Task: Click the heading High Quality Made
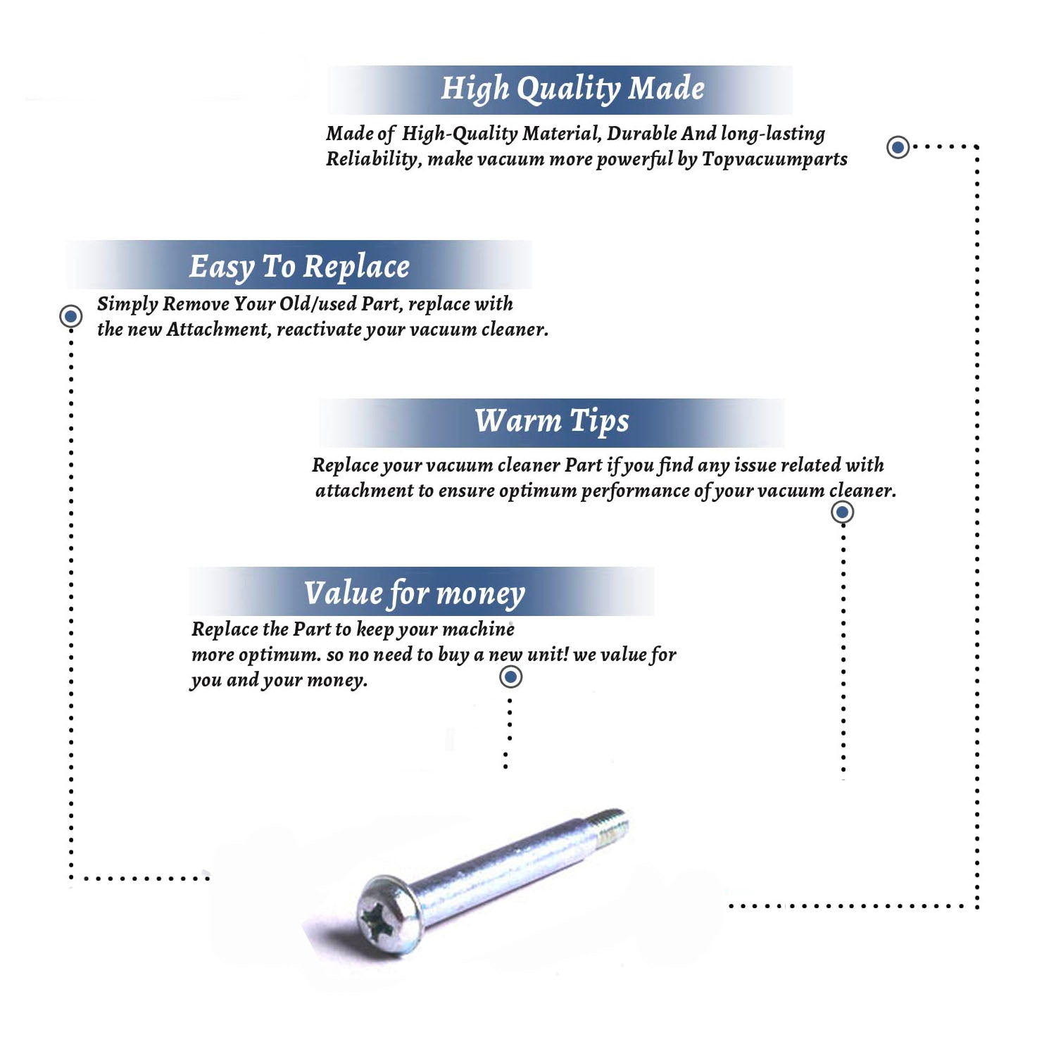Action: [x=572, y=89]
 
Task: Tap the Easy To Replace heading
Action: [x=299, y=267]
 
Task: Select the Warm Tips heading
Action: [x=552, y=421]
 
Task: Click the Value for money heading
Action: [x=415, y=593]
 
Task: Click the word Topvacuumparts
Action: [x=774, y=160]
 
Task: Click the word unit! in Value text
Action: [x=548, y=654]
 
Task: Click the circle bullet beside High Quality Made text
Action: [x=898, y=147]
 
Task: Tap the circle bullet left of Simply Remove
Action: [x=70, y=316]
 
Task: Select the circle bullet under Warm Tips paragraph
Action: [x=842, y=512]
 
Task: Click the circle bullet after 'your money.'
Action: [x=510, y=677]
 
